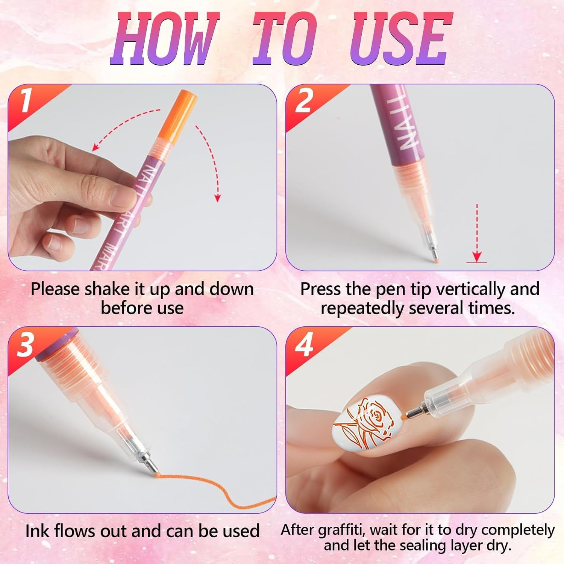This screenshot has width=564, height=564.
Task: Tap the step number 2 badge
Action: (304, 101)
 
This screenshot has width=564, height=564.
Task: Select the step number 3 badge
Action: (26, 344)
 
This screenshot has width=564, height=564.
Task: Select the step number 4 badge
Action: (304, 344)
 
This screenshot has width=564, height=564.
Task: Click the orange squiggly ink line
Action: (211, 485)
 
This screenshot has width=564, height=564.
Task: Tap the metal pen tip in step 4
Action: (414, 411)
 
